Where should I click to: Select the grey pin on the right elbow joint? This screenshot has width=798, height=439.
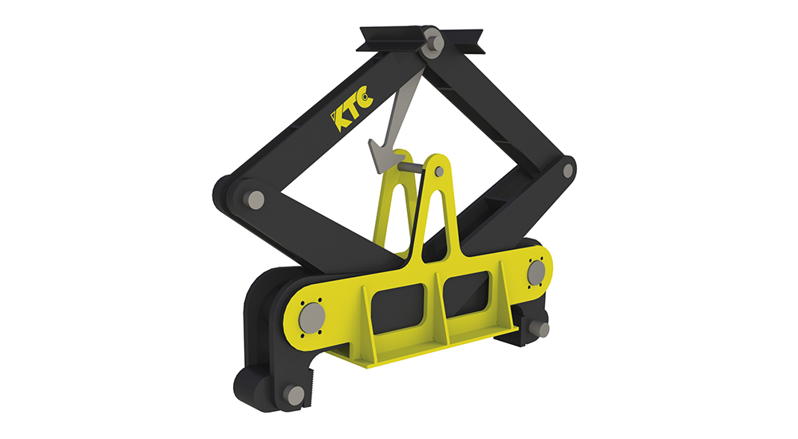click(568, 170)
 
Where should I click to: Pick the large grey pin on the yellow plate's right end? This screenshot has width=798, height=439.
click(535, 272)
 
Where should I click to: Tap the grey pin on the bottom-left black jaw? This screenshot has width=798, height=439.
click(294, 395)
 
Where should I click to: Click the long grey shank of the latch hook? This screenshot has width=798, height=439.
click(400, 103)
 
